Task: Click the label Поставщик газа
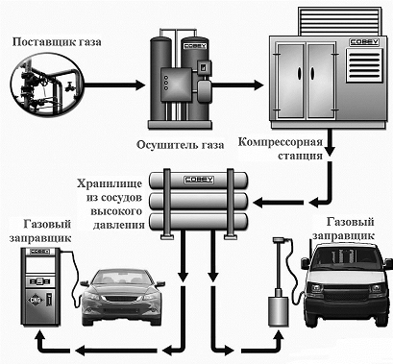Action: [x=57, y=42]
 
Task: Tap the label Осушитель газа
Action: [x=181, y=145]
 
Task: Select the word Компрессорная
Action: [x=280, y=142]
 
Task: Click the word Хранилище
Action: [x=110, y=183]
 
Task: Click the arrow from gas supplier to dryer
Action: [x=114, y=85]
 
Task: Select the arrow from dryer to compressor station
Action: [x=237, y=85]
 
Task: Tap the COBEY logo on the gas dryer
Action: [x=195, y=46]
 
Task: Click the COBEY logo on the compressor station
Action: [x=363, y=42]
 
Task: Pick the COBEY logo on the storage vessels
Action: [x=199, y=180]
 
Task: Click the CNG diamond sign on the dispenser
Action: [x=35, y=300]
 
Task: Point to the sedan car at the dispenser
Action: [x=122, y=296]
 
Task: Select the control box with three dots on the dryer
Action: [x=176, y=84]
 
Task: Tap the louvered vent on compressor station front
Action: [x=364, y=65]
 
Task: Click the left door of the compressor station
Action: [x=290, y=80]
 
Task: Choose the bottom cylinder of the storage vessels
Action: [x=199, y=222]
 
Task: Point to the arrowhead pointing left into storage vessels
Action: [x=258, y=203]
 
